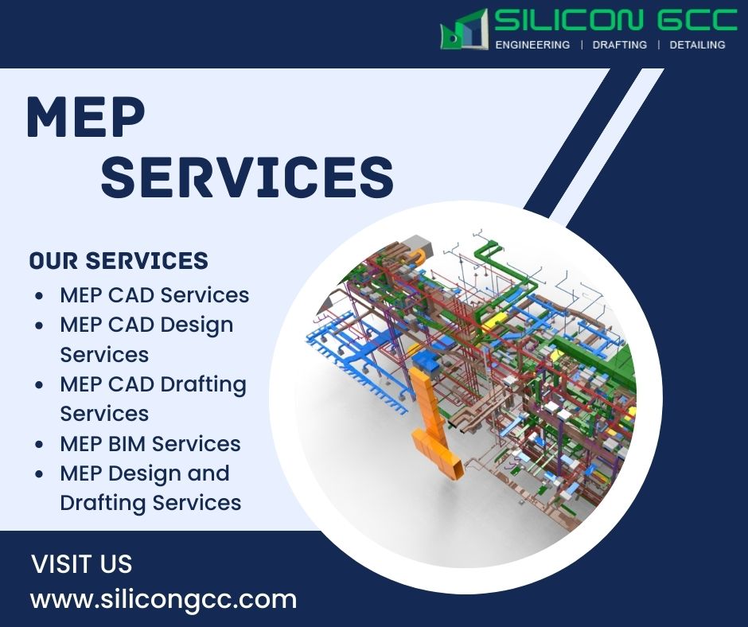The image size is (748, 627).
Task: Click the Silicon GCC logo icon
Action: [x=464, y=30]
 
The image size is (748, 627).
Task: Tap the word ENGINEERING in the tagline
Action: [x=532, y=45]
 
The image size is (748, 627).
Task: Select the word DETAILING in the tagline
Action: [x=697, y=45]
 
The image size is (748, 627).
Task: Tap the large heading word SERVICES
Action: [x=247, y=177]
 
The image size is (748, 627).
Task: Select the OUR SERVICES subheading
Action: [x=119, y=261]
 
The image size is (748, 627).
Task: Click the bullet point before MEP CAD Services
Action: [x=40, y=296]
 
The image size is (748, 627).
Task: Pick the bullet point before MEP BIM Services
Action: [x=40, y=445]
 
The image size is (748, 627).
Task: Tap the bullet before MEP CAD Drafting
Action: [x=40, y=385]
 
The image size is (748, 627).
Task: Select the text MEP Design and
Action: [x=144, y=473]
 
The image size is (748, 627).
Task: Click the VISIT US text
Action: [x=81, y=564]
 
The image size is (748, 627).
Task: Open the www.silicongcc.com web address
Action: [x=163, y=599]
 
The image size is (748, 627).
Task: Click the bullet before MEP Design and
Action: [x=40, y=474]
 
